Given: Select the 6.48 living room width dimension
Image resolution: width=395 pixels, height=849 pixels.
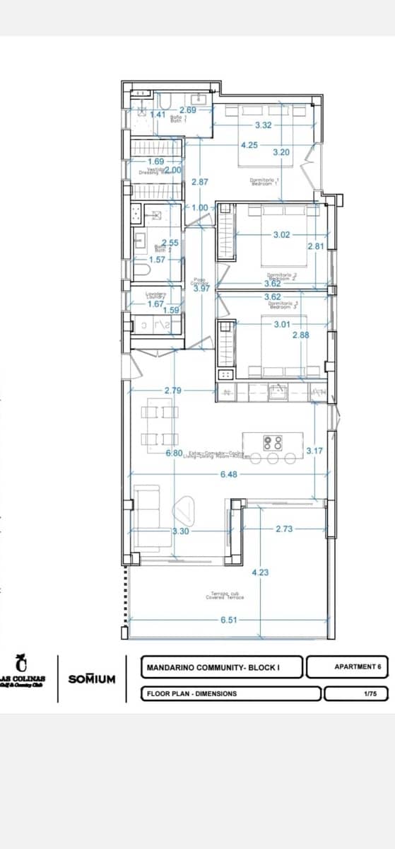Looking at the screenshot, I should [228, 474].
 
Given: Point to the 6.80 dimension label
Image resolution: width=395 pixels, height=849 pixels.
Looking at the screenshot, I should [175, 452].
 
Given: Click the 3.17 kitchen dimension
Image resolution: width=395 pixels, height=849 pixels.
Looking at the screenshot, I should [314, 451].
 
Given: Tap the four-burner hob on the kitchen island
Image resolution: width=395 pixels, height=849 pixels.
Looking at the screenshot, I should [273, 443].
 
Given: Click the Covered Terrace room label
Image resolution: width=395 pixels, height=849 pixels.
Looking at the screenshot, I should [225, 596].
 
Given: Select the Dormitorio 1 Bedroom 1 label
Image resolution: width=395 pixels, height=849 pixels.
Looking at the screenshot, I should [266, 182].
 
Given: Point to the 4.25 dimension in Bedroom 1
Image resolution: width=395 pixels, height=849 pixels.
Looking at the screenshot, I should [249, 145].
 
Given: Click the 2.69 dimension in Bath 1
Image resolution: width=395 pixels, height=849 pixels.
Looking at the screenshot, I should [187, 110].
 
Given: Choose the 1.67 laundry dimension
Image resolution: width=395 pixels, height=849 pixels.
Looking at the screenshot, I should [155, 304].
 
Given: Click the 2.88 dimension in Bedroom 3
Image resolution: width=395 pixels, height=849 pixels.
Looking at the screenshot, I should [301, 335].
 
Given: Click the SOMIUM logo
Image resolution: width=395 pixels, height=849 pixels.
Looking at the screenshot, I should [91, 678].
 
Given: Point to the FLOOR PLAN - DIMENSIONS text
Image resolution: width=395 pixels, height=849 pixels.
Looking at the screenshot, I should [191, 694].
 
